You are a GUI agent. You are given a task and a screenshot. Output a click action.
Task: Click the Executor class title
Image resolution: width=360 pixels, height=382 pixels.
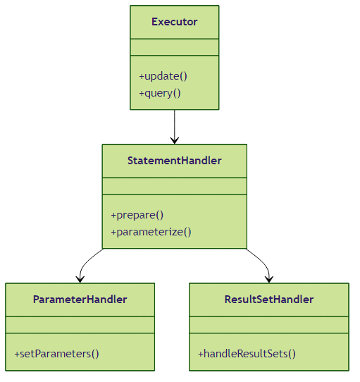(x=175, y=22)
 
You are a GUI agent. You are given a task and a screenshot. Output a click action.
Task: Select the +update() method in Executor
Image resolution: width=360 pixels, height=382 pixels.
(x=163, y=76)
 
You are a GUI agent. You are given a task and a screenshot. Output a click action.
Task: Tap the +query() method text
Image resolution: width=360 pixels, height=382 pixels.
(x=160, y=93)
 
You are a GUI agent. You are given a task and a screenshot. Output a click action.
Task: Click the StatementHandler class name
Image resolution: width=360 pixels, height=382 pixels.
(x=175, y=161)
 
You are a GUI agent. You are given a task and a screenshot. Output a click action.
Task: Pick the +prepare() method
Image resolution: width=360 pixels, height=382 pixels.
(x=137, y=215)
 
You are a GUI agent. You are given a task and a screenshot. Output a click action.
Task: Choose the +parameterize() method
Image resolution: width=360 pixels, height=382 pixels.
(x=151, y=232)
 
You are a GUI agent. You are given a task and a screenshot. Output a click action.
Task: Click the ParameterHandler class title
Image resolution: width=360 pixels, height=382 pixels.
(x=80, y=300)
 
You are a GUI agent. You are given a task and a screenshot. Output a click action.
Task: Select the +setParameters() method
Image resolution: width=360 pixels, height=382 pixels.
(x=57, y=354)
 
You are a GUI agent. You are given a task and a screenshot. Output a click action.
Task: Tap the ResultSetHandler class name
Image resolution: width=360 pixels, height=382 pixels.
(x=269, y=300)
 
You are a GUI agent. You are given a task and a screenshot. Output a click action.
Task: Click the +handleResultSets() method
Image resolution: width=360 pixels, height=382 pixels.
(x=247, y=354)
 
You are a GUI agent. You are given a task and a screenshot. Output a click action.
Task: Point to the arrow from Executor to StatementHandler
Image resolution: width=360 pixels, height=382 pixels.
(x=175, y=127)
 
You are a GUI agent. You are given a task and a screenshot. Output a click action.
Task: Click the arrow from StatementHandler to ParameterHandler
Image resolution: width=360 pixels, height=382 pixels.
(x=84, y=263)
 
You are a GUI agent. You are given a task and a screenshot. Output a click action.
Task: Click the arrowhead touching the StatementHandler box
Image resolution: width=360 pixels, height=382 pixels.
(x=175, y=141)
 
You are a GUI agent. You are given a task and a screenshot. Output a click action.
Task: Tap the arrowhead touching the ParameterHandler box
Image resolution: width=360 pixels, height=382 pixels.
(x=80, y=280)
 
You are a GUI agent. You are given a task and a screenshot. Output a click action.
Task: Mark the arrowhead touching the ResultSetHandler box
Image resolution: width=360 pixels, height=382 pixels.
(x=269, y=280)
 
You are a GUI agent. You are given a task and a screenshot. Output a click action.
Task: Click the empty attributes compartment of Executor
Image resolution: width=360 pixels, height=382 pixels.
(x=175, y=47)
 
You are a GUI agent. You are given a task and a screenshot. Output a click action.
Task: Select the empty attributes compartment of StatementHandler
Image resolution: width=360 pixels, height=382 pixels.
(x=175, y=186)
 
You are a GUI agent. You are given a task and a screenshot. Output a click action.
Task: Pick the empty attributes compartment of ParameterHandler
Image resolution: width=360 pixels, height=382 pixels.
(x=80, y=325)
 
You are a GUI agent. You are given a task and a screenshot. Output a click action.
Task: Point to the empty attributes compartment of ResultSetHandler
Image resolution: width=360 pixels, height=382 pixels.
(x=269, y=325)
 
